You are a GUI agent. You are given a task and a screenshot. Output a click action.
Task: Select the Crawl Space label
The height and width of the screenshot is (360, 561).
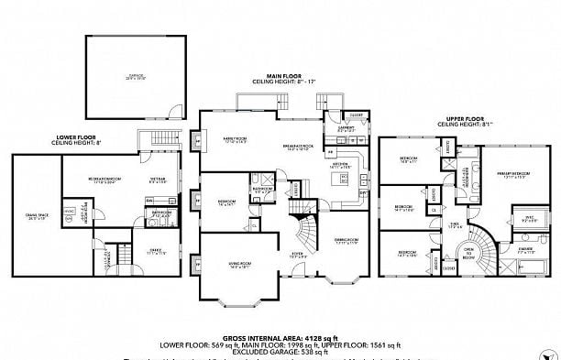37,218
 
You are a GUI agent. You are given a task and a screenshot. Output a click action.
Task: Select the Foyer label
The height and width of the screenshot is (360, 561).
298,256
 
